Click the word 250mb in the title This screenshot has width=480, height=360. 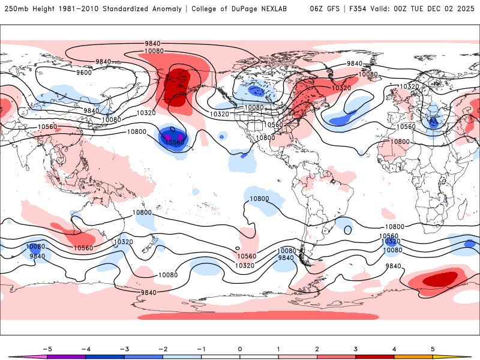click(x=17, y=9)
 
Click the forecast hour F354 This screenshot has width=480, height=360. click(x=361, y=9)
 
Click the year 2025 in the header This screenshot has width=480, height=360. click(x=467, y=9)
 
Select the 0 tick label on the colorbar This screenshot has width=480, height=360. click(x=239, y=348)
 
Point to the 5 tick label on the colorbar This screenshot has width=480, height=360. click(x=433, y=348)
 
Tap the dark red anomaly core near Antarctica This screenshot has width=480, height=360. click(x=439, y=279)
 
